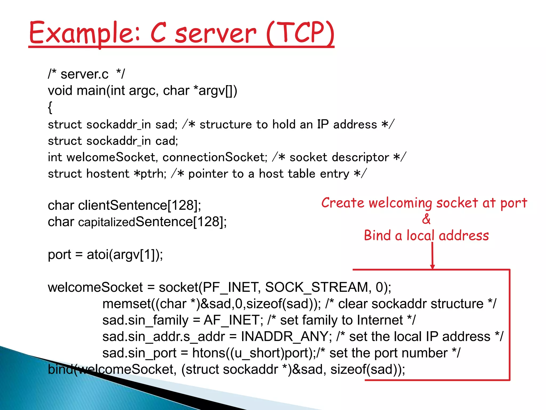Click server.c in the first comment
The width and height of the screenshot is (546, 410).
point(85,74)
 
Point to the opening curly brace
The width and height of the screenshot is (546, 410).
point(50,107)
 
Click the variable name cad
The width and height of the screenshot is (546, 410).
point(166,141)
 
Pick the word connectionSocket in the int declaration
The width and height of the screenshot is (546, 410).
point(215,157)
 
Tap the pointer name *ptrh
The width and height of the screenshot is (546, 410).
point(150,174)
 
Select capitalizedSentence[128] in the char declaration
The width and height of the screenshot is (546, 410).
point(152,222)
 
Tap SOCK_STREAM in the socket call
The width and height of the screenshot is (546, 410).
point(317,287)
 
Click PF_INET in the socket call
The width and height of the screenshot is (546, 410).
point(231,287)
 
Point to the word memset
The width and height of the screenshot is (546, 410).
point(127,304)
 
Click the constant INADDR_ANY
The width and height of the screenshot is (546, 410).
point(284,337)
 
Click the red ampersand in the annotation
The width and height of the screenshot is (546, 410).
point(426,219)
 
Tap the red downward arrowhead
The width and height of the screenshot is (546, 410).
point(432,267)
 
